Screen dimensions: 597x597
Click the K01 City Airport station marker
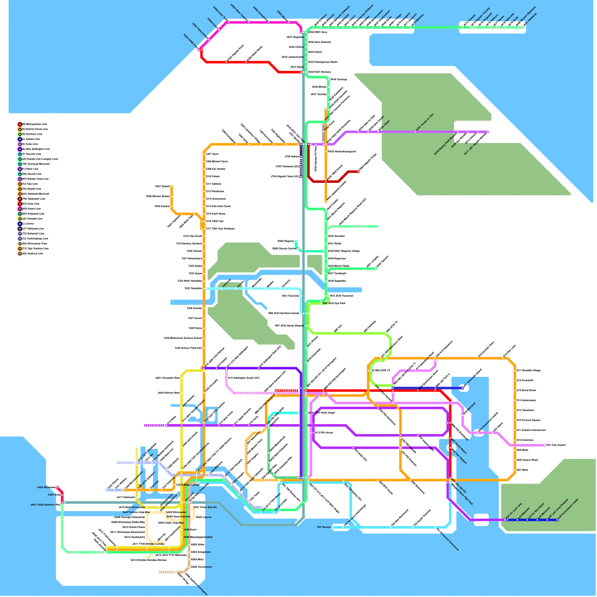pos(545,445)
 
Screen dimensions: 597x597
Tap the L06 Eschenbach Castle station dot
pos(557,520)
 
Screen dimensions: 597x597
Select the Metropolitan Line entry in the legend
pos(34,124)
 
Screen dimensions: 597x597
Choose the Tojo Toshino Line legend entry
pos(35,249)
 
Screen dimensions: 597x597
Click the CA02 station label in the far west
pos(46,487)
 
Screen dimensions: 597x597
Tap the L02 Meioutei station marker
pos(517,520)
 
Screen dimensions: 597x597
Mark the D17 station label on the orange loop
pos(528,371)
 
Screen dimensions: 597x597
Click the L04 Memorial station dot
pos(537,520)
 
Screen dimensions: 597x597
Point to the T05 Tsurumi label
pos(324,527)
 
